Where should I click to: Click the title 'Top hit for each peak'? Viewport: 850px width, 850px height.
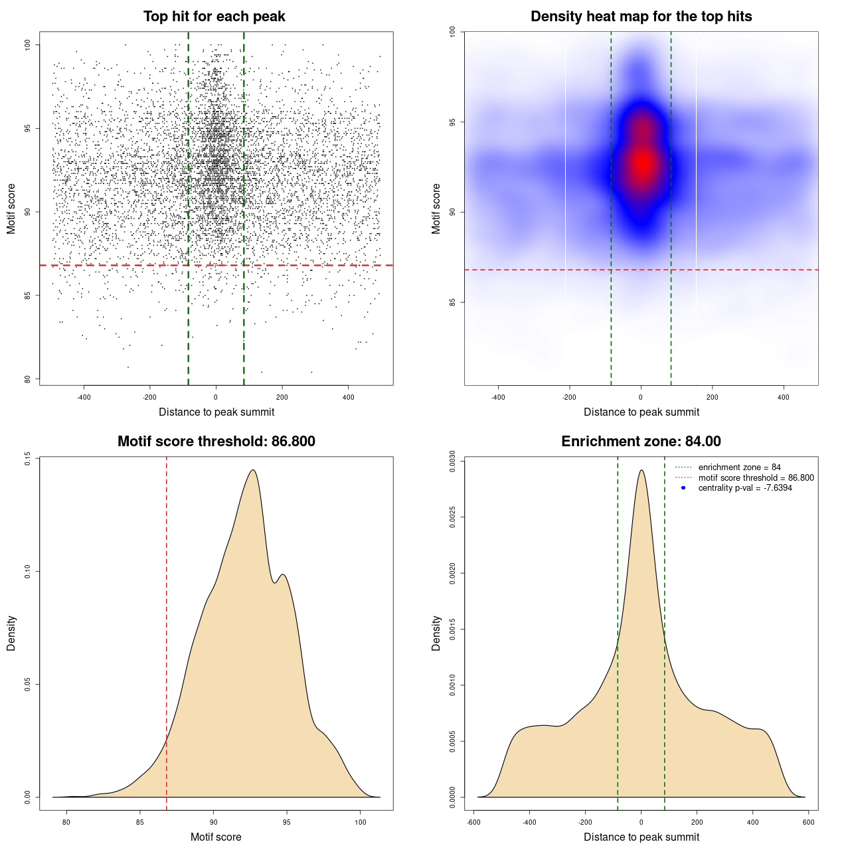pyautogui.click(x=214, y=17)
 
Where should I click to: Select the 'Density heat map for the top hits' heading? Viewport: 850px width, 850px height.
pyautogui.click(x=641, y=17)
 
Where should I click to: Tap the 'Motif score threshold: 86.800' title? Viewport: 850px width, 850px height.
pyautogui.click(x=216, y=442)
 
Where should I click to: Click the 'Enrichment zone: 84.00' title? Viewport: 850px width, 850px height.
pyautogui.click(x=641, y=442)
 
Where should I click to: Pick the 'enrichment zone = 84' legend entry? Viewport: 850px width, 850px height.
pyautogui.click(x=739, y=467)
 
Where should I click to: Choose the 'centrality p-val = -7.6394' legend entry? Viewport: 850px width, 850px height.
pyautogui.click(x=745, y=488)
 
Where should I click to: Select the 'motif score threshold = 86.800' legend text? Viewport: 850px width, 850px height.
pyautogui.click(x=756, y=478)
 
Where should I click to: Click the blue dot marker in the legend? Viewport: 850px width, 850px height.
pyautogui.click(x=683, y=488)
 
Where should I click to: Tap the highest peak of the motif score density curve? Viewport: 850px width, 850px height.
pyautogui.click(x=253, y=470)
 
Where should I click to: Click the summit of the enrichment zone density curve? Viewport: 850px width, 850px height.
pyautogui.click(x=641, y=470)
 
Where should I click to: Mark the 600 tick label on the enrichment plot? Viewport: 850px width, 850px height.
pyautogui.click(x=808, y=823)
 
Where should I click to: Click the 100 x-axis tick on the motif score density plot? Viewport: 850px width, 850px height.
pyautogui.click(x=361, y=823)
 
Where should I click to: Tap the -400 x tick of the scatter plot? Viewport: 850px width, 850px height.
pyautogui.click(x=84, y=398)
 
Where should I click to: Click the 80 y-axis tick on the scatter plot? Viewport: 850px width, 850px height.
pyautogui.click(x=27, y=379)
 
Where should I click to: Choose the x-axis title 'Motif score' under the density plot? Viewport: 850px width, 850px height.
pyautogui.click(x=216, y=837)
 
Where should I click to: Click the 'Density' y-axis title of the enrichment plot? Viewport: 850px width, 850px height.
pyautogui.click(x=436, y=633)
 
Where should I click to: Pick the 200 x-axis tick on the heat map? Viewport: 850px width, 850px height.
pyautogui.click(x=713, y=398)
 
